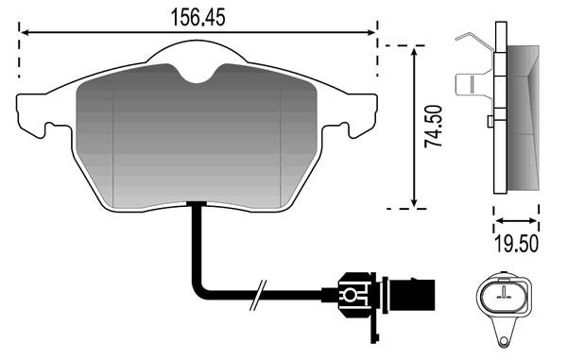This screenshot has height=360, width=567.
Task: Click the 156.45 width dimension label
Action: [x=198, y=17]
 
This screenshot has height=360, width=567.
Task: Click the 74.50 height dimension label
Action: [x=433, y=126]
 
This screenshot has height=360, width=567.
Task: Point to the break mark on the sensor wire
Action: [x=258, y=295]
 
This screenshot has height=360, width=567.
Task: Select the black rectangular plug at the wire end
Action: [x=411, y=294]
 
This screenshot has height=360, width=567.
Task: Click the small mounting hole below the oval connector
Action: [x=503, y=341]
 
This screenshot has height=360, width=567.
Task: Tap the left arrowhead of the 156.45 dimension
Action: [x=25, y=33]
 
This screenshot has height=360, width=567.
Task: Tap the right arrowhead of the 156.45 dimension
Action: [x=371, y=32]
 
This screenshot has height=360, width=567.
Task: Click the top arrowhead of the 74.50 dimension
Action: [x=415, y=51]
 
